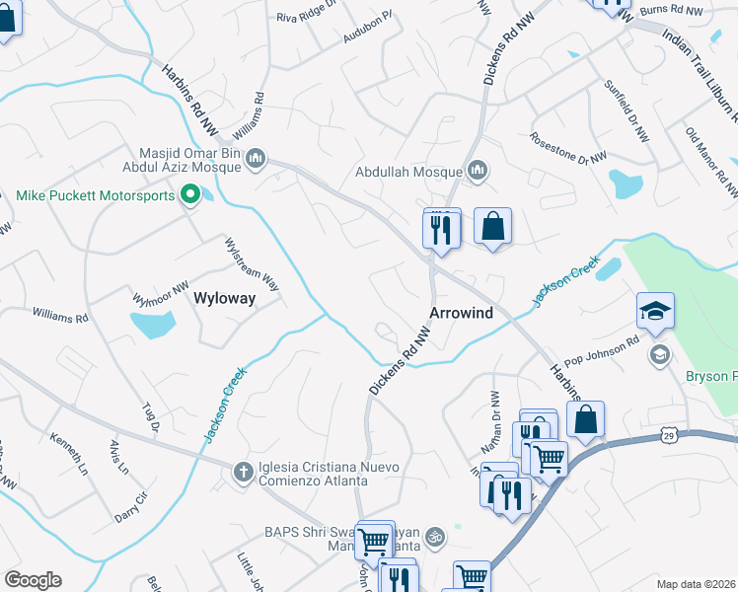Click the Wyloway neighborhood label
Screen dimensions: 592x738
pyautogui.click(x=225, y=297)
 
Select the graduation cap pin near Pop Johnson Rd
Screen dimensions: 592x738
pyautogui.click(x=655, y=312)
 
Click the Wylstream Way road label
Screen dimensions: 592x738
pyautogui.click(x=253, y=263)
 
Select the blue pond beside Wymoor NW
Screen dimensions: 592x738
pyautogui.click(x=153, y=323)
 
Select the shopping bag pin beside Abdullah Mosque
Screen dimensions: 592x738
pyautogui.click(x=492, y=227)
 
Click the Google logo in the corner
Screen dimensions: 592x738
pyautogui.click(x=33, y=580)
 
